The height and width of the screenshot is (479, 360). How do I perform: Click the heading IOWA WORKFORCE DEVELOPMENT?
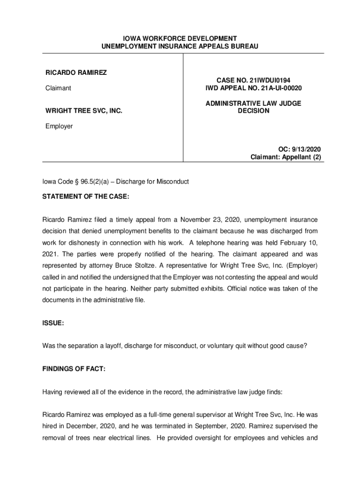click(x=180, y=38)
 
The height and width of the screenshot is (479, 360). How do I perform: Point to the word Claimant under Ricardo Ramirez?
click(x=58, y=88)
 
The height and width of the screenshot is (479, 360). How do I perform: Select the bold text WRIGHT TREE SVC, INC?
click(x=84, y=111)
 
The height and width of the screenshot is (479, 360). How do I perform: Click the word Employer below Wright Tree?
click(x=59, y=126)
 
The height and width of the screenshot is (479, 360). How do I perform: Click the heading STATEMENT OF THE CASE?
click(x=86, y=197)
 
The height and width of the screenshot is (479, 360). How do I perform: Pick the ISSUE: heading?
click(x=53, y=323)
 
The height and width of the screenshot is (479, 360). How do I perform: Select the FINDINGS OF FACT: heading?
click(x=74, y=369)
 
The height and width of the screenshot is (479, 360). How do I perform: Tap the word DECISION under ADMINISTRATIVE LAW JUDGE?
click(x=253, y=111)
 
